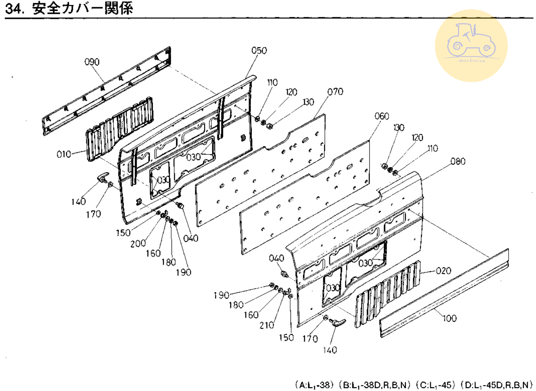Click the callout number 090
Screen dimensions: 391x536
(92, 62)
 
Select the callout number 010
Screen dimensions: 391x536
(64, 154)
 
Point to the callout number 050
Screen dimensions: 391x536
(259, 51)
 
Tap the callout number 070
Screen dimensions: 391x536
(335, 92)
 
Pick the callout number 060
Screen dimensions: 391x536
(381, 116)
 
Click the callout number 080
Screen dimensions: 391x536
(458, 161)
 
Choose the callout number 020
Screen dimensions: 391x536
(443, 271)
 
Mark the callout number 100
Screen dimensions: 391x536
(450, 318)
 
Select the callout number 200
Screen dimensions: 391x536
(138, 243)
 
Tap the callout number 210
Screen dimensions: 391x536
(267, 325)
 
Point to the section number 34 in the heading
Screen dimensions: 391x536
(14, 8)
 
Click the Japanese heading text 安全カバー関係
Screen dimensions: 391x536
(82, 8)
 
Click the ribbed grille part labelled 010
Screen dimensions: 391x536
(118, 127)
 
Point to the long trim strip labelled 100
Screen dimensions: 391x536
(444, 294)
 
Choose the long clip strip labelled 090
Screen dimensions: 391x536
(107, 91)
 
